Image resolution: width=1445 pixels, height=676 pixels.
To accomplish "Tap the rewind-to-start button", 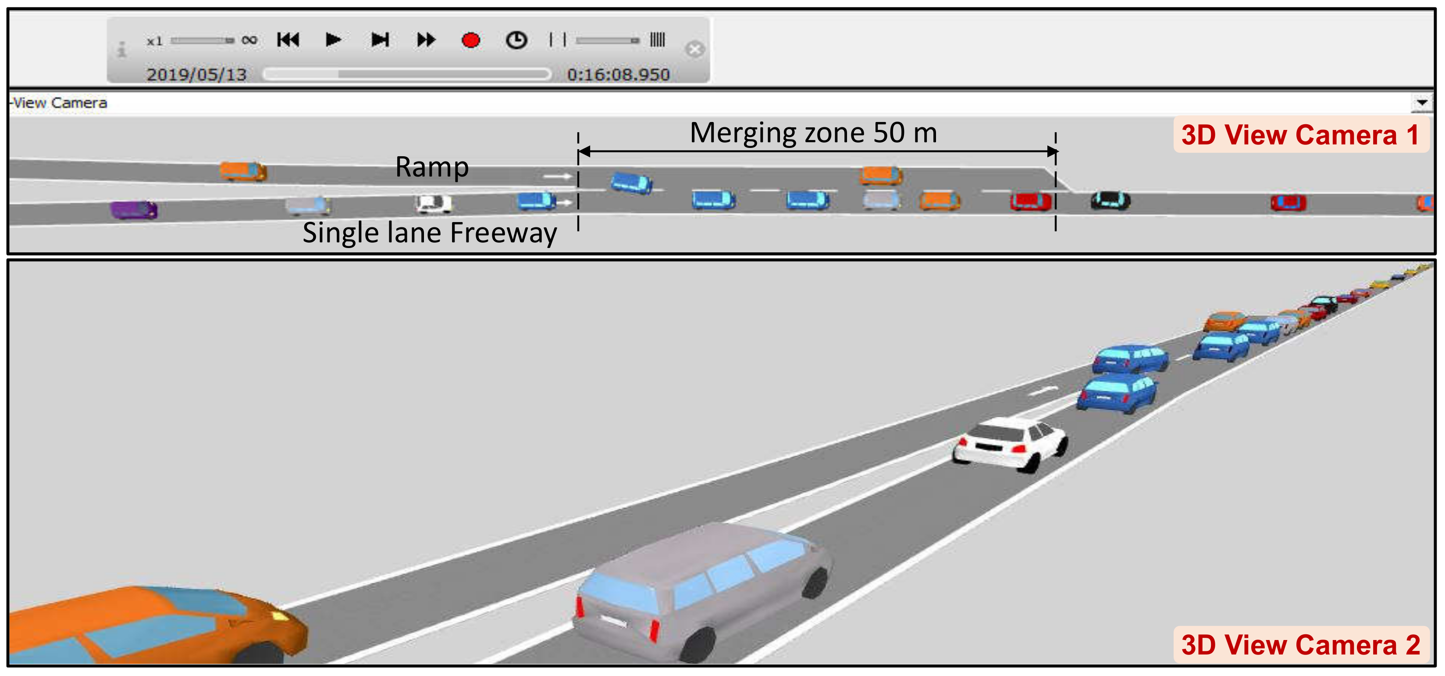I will (288, 40).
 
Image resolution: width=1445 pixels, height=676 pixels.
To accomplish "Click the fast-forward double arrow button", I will (426, 40).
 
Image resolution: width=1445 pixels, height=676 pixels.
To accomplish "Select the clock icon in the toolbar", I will (516, 40).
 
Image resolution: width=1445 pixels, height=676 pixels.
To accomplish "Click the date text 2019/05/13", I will (196, 75).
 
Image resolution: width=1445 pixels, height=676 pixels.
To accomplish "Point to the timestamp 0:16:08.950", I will (618, 75).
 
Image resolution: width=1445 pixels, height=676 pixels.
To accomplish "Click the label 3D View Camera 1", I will (1300, 135).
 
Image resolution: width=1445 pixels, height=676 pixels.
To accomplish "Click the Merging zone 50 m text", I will (813, 133).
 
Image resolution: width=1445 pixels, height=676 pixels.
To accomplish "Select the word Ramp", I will (431, 167).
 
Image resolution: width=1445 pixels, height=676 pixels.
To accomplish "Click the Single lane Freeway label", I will (429, 233).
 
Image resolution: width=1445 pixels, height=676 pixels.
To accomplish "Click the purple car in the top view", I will (134, 210).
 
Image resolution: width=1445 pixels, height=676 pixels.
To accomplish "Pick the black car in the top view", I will (1110, 201).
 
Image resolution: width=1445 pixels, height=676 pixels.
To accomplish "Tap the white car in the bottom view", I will (1010, 443).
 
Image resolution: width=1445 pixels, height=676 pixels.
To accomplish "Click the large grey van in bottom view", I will (701, 590).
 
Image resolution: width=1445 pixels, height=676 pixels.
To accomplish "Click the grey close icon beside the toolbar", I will (694, 50).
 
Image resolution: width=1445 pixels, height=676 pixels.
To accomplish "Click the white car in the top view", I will (433, 203).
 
